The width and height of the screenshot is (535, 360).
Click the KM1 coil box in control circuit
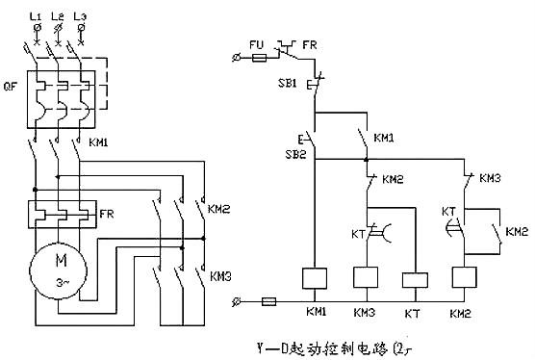click(x=317, y=278)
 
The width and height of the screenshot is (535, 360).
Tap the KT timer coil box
click(x=414, y=280)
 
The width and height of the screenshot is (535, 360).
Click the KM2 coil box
click(x=465, y=278)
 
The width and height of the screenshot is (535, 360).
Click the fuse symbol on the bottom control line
click(x=271, y=301)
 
